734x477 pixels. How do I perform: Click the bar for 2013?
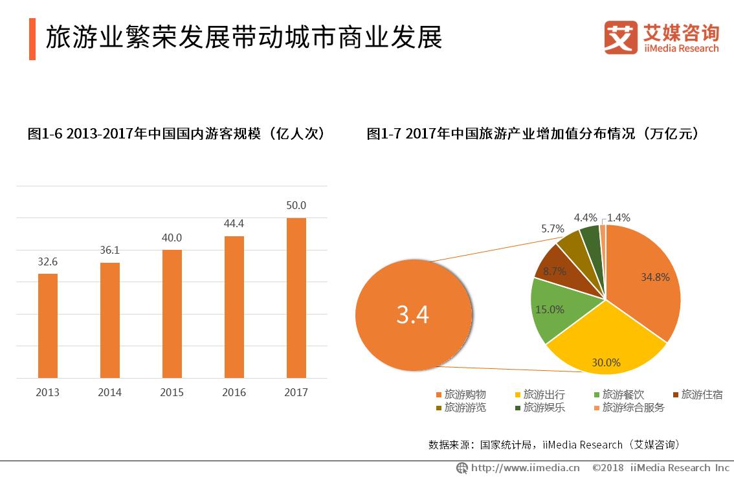tap(48, 326)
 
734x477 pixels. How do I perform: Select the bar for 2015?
tap(172, 314)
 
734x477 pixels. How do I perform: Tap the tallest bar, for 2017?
tap(296, 298)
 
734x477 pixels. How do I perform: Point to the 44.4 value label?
tap(234, 223)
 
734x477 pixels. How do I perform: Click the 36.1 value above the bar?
tap(110, 250)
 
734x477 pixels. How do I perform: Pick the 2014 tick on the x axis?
tap(110, 392)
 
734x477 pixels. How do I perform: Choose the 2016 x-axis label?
tap(234, 392)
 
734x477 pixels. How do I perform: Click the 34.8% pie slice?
tap(644, 278)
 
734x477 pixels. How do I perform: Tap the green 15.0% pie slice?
tap(550, 309)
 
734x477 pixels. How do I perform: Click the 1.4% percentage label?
tap(619, 217)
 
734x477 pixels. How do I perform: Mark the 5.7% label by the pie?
tap(553, 228)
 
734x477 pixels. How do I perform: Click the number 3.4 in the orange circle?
tap(413, 315)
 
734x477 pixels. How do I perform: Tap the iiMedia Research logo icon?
tap(620, 38)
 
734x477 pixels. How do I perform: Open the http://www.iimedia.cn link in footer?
tap(524, 467)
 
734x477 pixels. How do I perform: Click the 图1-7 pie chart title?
tap(532, 134)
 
